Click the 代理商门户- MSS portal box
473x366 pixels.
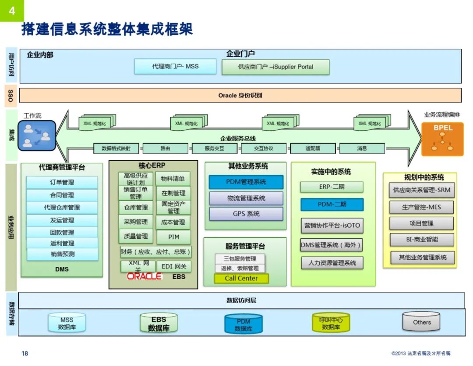point(175,66)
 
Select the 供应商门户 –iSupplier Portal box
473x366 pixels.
point(275,67)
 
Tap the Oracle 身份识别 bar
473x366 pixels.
point(240,95)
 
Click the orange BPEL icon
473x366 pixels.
point(442,139)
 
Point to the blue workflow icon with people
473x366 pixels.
point(37,136)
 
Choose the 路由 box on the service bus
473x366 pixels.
point(165,148)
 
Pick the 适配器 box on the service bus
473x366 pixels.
point(313,148)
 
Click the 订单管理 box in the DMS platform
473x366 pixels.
point(62,182)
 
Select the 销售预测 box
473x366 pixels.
point(62,254)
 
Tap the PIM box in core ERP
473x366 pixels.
point(173,237)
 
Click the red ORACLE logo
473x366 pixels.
point(145,276)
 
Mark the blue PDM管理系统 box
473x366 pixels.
point(246,182)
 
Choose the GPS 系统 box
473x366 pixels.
point(246,214)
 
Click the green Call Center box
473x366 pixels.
point(241,278)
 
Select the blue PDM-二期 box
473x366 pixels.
point(332,205)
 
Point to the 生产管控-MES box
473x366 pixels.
point(421,207)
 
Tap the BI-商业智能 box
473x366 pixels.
point(421,240)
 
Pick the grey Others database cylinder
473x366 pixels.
point(422,322)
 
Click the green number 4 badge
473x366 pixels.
point(12,11)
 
